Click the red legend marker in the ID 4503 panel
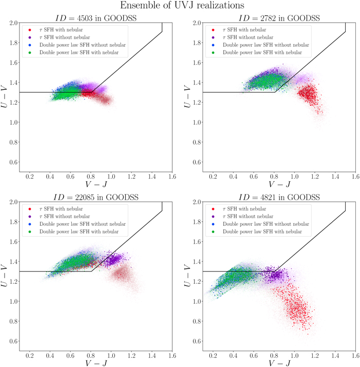tap(30, 30)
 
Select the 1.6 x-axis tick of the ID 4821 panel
tap(354, 355)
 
